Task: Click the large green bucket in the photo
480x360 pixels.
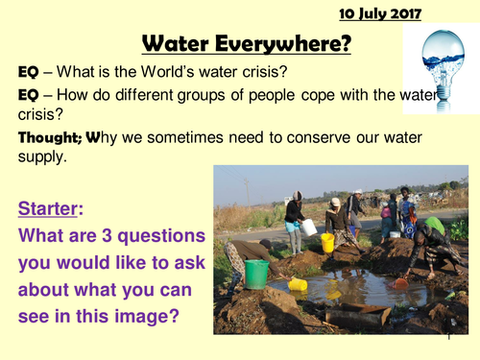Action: [256, 274]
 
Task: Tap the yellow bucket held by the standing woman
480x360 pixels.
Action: [327, 242]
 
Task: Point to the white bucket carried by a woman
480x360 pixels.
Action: [309, 227]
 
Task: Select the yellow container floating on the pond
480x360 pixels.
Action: [298, 285]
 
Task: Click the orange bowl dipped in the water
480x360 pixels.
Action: [400, 282]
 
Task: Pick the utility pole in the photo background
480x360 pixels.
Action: [247, 189]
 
